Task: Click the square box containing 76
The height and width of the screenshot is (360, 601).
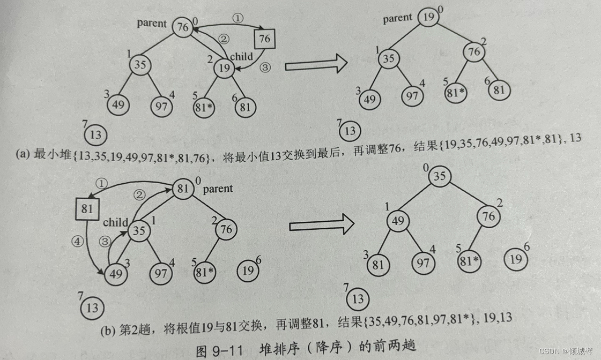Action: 265,39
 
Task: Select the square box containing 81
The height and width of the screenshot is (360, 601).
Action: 87,208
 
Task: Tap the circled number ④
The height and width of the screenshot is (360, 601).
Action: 78,241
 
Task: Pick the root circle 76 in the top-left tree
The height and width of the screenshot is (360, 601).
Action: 183,27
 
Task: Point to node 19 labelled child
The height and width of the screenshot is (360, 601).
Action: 225,68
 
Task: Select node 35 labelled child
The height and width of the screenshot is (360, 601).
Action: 139,231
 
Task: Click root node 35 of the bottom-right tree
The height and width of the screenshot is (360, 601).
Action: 440,176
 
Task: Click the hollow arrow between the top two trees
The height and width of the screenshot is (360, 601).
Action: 315,65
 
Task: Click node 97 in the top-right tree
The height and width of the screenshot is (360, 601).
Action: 412,95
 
